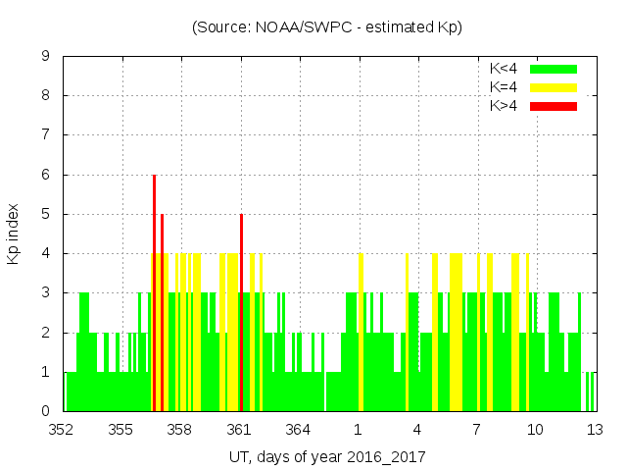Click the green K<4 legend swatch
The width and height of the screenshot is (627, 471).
pyautogui.click(x=554, y=69)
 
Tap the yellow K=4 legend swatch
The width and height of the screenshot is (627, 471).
pyautogui.click(x=554, y=87)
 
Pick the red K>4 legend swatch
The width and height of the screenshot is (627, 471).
pyautogui.click(x=554, y=106)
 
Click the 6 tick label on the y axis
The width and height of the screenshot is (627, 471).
pyautogui.click(x=45, y=175)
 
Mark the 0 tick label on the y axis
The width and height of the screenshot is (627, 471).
pyautogui.click(x=45, y=411)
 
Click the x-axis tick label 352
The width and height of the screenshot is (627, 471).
pyautogui.click(x=63, y=430)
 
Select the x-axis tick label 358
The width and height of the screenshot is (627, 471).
pyautogui.click(x=180, y=430)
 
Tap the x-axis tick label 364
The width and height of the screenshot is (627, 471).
pyautogui.click(x=299, y=430)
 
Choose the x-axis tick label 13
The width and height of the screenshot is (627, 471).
pyautogui.click(x=595, y=430)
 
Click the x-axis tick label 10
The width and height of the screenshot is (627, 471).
pyautogui.click(x=536, y=430)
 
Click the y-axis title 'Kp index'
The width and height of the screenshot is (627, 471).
pyautogui.click(x=14, y=235)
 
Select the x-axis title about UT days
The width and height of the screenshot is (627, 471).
pyautogui.click(x=328, y=456)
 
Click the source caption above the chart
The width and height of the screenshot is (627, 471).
pyautogui.click(x=327, y=27)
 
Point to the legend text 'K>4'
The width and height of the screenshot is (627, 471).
pyautogui.click(x=503, y=106)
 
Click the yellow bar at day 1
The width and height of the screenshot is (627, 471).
pyautogui.click(x=361, y=334)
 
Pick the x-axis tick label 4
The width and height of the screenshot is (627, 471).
pyautogui.click(x=417, y=430)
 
